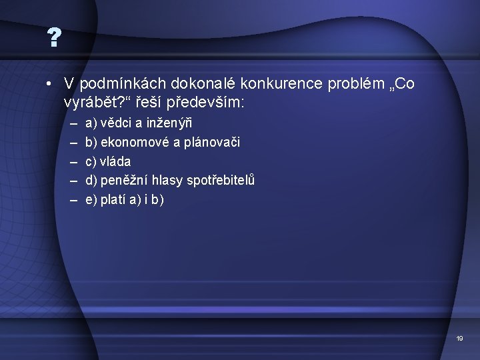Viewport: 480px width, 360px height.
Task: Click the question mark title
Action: click(54, 39)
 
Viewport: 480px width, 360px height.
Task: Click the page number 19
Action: click(459, 339)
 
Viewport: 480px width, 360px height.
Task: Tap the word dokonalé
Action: click(198, 84)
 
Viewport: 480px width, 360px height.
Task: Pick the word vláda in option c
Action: click(116, 161)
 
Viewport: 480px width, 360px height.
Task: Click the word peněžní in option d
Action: click(125, 180)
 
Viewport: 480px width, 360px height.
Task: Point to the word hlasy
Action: click(168, 180)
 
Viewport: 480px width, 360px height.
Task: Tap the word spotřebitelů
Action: click(221, 180)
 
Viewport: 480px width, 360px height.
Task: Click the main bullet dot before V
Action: click(50, 85)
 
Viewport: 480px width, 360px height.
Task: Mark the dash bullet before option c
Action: click(71, 161)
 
